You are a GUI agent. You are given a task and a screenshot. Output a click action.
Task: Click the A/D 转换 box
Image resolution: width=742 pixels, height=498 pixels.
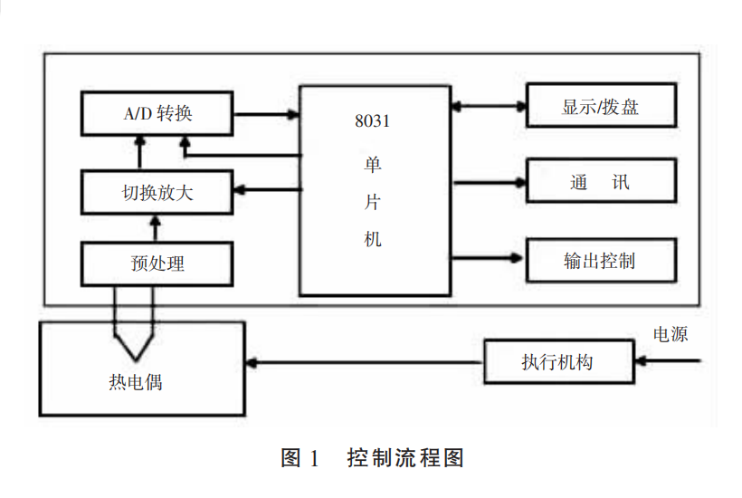point(157,114)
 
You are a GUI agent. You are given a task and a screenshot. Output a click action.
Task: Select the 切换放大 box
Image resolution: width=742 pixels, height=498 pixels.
point(157,191)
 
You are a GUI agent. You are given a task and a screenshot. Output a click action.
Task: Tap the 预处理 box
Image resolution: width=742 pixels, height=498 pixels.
point(157,263)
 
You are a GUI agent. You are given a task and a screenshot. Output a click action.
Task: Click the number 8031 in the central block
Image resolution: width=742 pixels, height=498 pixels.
point(373,121)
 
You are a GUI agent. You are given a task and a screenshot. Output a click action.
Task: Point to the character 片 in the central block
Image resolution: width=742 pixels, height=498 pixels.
point(373,202)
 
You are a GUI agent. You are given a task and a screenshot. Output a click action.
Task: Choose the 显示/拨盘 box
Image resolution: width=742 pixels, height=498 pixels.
point(601,106)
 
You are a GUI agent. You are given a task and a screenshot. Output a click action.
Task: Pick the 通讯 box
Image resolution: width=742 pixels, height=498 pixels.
point(601,182)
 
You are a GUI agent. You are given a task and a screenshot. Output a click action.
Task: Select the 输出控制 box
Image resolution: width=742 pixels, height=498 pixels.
point(601,261)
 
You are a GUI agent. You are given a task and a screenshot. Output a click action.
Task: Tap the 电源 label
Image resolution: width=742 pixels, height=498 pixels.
point(671,334)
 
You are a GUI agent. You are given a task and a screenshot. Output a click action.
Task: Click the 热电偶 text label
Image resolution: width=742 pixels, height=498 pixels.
point(136,382)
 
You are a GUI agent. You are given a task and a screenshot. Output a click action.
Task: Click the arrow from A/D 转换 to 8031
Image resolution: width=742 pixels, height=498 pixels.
point(266,115)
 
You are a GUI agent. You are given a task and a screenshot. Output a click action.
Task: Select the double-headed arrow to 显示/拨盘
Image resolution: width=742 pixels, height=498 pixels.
point(488,106)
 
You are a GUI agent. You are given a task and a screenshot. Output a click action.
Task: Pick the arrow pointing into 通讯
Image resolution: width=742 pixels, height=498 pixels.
point(488,183)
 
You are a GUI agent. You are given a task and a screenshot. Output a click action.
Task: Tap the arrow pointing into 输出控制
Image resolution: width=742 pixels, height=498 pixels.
point(488,257)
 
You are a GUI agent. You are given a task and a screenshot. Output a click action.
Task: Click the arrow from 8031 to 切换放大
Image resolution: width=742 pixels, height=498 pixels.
point(266,189)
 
